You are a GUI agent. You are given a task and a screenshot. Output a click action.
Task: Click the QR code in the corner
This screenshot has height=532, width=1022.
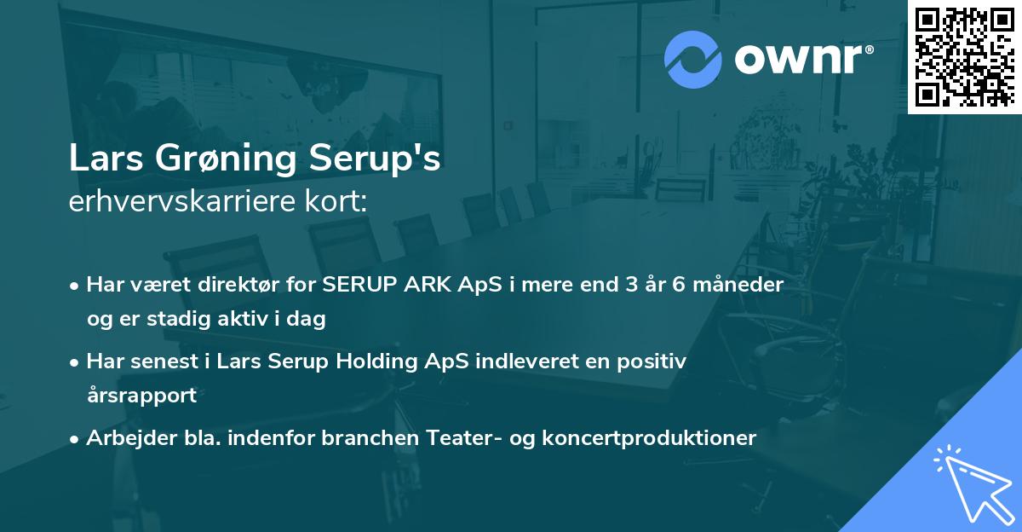tap(964, 56)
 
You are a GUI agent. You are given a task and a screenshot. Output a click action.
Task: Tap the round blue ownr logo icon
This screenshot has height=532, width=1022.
tap(693, 60)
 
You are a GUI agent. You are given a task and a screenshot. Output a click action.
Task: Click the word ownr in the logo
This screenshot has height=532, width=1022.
tap(802, 60)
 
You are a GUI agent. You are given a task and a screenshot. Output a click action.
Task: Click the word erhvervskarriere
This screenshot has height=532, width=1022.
tap(181, 202)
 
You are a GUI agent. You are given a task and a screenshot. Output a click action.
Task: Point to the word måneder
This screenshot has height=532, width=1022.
tap(741, 285)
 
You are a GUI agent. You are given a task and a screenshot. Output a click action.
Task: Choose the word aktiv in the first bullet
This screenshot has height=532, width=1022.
tap(247, 319)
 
